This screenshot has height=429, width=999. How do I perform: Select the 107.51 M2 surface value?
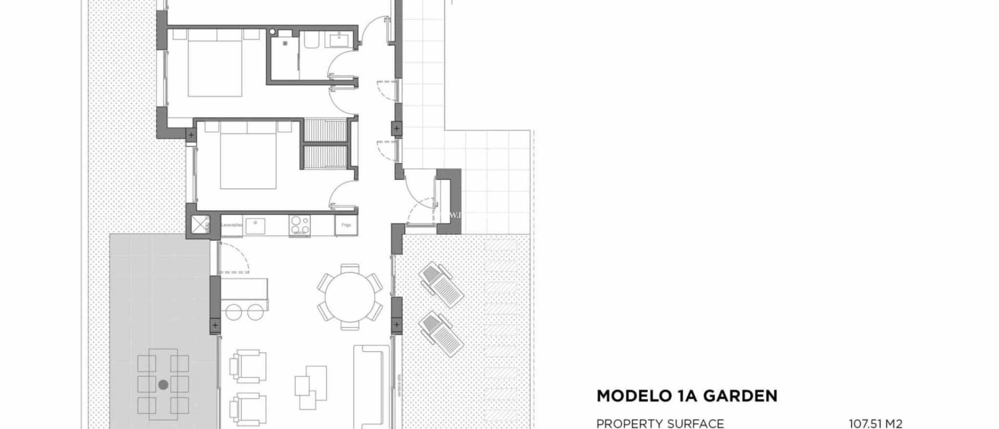876,424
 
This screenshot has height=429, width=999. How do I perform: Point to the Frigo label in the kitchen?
346,225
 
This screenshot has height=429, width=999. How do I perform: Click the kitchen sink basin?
255,226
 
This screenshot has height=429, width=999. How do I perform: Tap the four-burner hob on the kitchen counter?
299,225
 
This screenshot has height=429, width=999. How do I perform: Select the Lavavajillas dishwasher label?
232,225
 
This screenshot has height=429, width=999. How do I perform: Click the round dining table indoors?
349,296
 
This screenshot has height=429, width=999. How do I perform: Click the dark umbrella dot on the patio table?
163,385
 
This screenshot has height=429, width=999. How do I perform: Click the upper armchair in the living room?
249,366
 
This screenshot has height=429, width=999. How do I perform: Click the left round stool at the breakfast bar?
234,312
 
